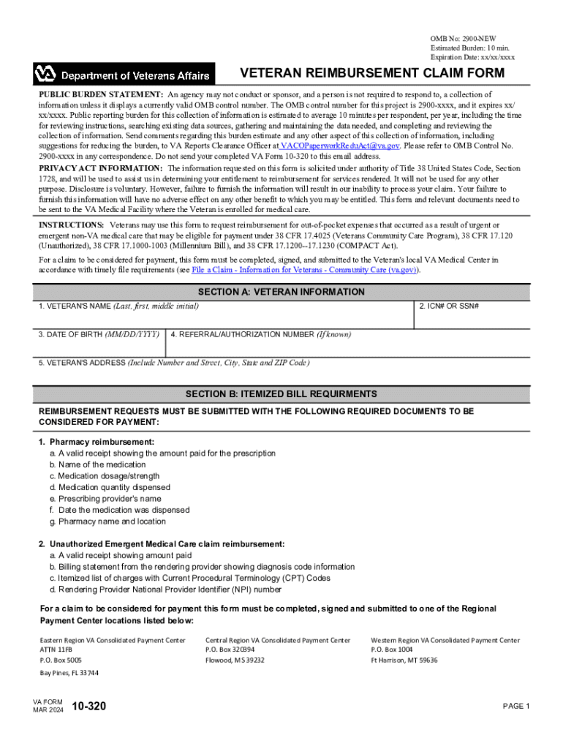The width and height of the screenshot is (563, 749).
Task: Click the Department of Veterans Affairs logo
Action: click(x=124, y=75)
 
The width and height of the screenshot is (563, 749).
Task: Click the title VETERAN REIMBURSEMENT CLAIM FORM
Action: click(x=372, y=73)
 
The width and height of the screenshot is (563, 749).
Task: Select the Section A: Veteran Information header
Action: click(x=281, y=292)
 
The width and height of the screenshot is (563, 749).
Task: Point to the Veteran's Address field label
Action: click(x=174, y=363)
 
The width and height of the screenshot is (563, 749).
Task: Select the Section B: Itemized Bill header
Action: click(x=281, y=394)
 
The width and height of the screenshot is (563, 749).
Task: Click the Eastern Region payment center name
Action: click(x=113, y=640)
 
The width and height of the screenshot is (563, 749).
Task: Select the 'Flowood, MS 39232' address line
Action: click(x=235, y=660)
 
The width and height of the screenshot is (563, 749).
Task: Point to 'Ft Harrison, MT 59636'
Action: click(x=404, y=660)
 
